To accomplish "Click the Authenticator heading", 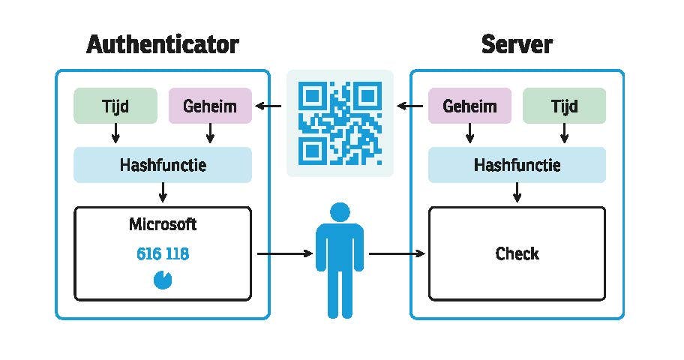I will (163, 44).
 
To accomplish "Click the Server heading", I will (517, 44).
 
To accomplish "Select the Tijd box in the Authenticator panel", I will (115, 106).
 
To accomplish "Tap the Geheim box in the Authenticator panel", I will (210, 106).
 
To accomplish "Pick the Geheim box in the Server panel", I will (469, 106).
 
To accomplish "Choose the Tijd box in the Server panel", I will (564, 106).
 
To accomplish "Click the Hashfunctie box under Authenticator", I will (163, 165).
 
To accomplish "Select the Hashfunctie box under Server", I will (517, 165).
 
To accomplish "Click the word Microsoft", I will (163, 224).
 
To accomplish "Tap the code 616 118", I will (163, 254).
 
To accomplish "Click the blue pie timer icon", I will (162, 280).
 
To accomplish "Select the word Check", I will (517, 253).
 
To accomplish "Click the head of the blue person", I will (340, 212).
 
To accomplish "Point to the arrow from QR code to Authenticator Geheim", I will (269, 106).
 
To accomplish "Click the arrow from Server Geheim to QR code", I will (410, 106).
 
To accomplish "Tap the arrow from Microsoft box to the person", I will (284, 253).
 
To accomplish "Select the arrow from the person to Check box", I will (397, 253).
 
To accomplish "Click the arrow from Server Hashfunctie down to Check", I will (517, 193).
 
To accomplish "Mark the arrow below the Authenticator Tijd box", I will (115, 133).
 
